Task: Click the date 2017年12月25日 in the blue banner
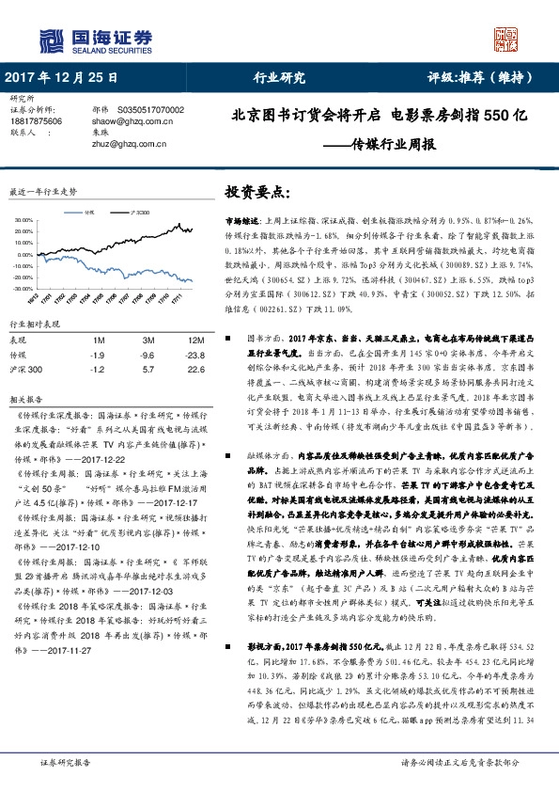(x=62, y=78)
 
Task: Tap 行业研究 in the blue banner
(x=280, y=78)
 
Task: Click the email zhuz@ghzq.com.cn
(x=127, y=144)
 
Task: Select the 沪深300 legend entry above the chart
(x=141, y=214)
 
